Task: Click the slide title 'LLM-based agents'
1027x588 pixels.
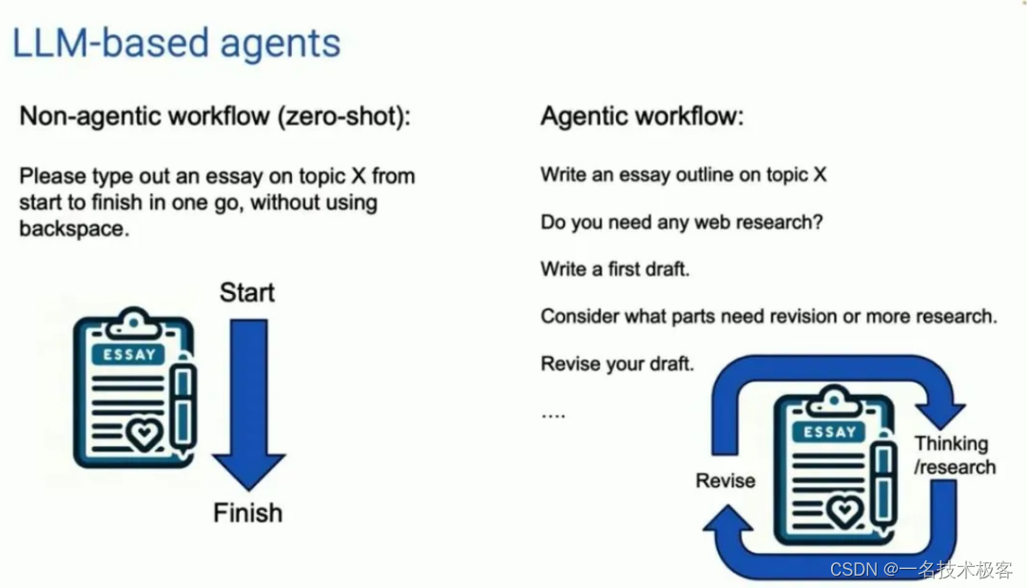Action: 175,44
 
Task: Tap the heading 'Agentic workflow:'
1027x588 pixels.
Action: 642,116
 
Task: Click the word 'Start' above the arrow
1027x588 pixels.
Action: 247,292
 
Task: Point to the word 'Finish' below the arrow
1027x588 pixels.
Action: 247,513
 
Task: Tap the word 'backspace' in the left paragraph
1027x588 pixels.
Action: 72,228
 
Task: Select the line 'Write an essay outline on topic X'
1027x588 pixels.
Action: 683,175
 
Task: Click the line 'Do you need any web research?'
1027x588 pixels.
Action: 681,223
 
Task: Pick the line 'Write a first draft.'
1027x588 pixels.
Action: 614,269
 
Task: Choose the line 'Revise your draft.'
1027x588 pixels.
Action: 616,363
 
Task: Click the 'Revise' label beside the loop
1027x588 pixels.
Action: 725,480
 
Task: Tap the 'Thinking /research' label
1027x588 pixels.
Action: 954,455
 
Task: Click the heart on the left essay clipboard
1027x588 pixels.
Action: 144,436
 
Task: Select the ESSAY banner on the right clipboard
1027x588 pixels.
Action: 830,432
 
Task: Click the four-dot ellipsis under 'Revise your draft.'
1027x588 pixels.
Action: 552,415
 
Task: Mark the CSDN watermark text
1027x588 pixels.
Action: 920,569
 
